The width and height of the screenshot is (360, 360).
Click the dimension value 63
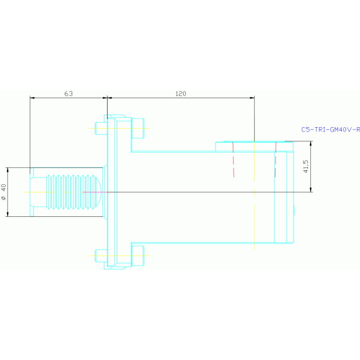pos(69,94)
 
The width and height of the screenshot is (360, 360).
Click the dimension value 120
pos(181,94)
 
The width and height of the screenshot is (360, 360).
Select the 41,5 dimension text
pos(306,167)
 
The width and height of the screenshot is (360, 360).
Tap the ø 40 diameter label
pos(4,192)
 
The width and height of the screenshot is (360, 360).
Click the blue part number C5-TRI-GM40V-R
pos(330,130)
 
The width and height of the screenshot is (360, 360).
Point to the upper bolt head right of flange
pos(137,128)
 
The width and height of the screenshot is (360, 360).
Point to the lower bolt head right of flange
pos(137,256)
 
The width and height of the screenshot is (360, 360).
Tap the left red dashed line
pos(233,160)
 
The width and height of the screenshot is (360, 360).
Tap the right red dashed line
pos(276,160)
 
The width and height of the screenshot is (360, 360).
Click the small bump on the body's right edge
pos(294,210)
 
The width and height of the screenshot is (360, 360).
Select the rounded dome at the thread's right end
pos(99,192)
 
